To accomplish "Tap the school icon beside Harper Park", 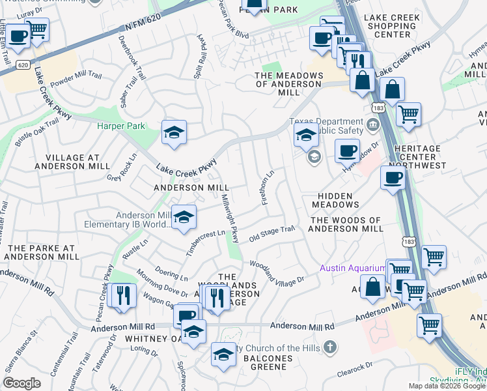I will click(174, 134).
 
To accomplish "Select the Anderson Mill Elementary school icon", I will click(184, 218).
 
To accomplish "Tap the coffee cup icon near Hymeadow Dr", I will click(347, 151).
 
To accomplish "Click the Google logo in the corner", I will click(21, 383).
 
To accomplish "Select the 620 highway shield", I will click(22, 65).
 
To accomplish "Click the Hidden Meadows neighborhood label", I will click(336, 200).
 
